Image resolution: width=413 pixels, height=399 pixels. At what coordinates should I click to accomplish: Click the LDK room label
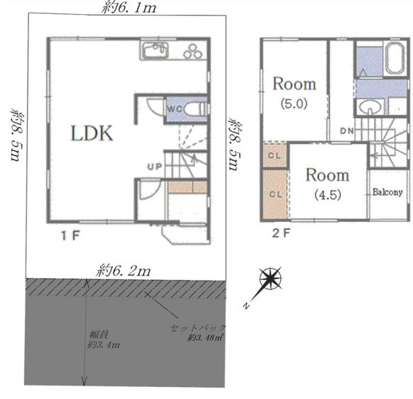pos(92,133)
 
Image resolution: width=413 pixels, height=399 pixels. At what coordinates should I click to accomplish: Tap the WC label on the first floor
pos(175,108)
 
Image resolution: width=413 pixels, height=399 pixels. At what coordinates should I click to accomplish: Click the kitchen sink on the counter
pos(155,50)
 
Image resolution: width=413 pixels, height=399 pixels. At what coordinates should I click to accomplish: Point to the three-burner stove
pos(194,51)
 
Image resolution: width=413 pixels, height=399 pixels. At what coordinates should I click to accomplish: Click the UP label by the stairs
pos(155,167)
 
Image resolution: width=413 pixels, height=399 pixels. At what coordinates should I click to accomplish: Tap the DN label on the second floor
pos(347,130)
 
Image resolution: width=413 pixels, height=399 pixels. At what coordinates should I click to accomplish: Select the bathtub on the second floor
pos(395,58)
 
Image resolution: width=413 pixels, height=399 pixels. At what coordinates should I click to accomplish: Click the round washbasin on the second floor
pos(370,108)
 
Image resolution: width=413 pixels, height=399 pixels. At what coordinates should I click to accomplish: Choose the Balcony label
pos(387,192)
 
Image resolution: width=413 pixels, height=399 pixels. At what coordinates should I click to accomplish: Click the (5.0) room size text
pos(294,103)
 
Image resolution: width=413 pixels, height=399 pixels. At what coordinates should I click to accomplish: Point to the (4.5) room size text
pos(328,195)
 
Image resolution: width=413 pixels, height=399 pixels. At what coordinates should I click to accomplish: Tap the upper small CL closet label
pos(275,155)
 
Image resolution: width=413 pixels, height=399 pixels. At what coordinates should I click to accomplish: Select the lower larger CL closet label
pos(276,194)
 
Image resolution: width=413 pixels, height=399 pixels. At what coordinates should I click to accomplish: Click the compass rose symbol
pos(270,279)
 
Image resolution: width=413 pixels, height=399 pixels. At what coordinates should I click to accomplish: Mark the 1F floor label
pos(70,235)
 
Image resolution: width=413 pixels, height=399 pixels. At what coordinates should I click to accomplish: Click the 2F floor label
pos(281,233)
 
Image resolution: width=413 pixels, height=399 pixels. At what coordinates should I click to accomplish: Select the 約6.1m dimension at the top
pos(129,8)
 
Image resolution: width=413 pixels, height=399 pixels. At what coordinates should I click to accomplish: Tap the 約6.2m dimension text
pos(123,271)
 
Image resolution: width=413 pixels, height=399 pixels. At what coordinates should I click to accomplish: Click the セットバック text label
pos(198,327)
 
